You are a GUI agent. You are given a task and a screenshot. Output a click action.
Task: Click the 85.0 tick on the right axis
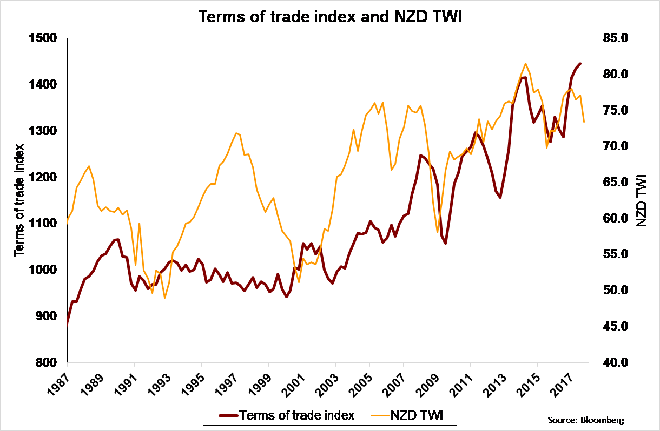click(x=615, y=38)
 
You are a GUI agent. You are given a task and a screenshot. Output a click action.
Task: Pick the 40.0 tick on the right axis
click(x=615, y=362)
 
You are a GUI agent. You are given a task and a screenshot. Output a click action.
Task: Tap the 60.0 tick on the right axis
click(x=615, y=218)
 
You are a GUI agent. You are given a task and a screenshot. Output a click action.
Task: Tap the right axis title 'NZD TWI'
click(x=642, y=200)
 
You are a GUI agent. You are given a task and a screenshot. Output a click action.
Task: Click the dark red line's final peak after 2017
click(x=580, y=64)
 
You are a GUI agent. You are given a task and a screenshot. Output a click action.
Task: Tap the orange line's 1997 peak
click(x=236, y=133)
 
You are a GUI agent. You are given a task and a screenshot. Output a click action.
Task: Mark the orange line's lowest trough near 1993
click(x=164, y=298)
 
